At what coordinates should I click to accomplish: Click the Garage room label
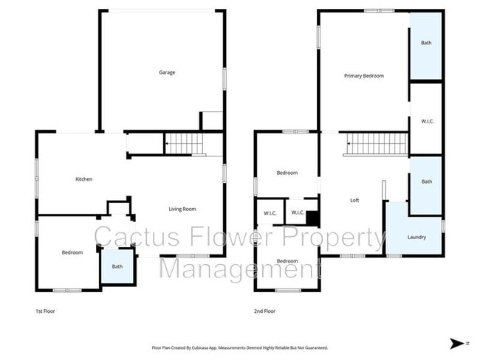point(166,72)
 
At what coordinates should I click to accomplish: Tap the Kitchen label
point(83,179)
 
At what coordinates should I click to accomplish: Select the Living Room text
point(182,209)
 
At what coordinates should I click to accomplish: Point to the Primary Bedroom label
point(363,76)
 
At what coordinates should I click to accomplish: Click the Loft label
point(354,200)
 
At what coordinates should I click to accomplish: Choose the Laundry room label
point(416,237)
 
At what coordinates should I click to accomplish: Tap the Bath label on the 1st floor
point(117,266)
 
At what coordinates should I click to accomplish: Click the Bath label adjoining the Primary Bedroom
point(426,43)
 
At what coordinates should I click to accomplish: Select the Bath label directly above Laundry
point(426,181)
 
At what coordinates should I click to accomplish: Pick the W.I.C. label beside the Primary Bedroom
point(426,121)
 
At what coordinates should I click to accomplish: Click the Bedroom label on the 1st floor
point(72,253)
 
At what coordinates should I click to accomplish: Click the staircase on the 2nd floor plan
point(377,143)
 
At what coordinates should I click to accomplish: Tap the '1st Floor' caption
point(45,311)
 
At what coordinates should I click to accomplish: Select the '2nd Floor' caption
point(264,311)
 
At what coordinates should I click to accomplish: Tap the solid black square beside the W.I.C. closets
point(312,218)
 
